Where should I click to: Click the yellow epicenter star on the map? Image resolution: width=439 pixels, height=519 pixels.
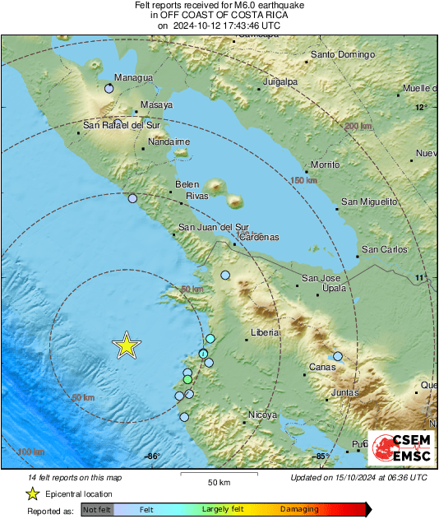point(126,345)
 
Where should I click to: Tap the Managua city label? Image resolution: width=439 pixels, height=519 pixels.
point(133,78)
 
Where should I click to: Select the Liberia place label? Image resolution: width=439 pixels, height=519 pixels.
point(265,333)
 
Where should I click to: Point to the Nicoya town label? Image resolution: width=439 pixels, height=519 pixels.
point(262,415)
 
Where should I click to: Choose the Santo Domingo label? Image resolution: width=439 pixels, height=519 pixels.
point(342,56)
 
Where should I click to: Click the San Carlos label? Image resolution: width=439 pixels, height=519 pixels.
point(385,249)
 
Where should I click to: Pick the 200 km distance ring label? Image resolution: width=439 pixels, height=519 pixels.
point(358,126)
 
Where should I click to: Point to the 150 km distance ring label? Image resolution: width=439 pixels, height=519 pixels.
point(304,180)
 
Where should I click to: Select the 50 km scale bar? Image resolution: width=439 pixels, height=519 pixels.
point(218,475)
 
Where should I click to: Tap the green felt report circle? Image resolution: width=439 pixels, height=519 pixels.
point(187,380)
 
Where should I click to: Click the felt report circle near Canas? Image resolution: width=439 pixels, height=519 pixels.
point(337,356)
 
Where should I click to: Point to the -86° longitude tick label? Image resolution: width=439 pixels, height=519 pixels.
point(151,456)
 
